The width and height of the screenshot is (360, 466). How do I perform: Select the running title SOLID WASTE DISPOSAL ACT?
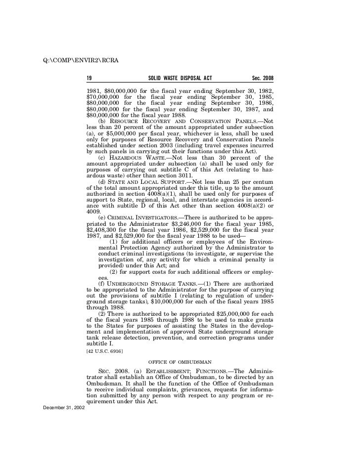pos(180,79)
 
